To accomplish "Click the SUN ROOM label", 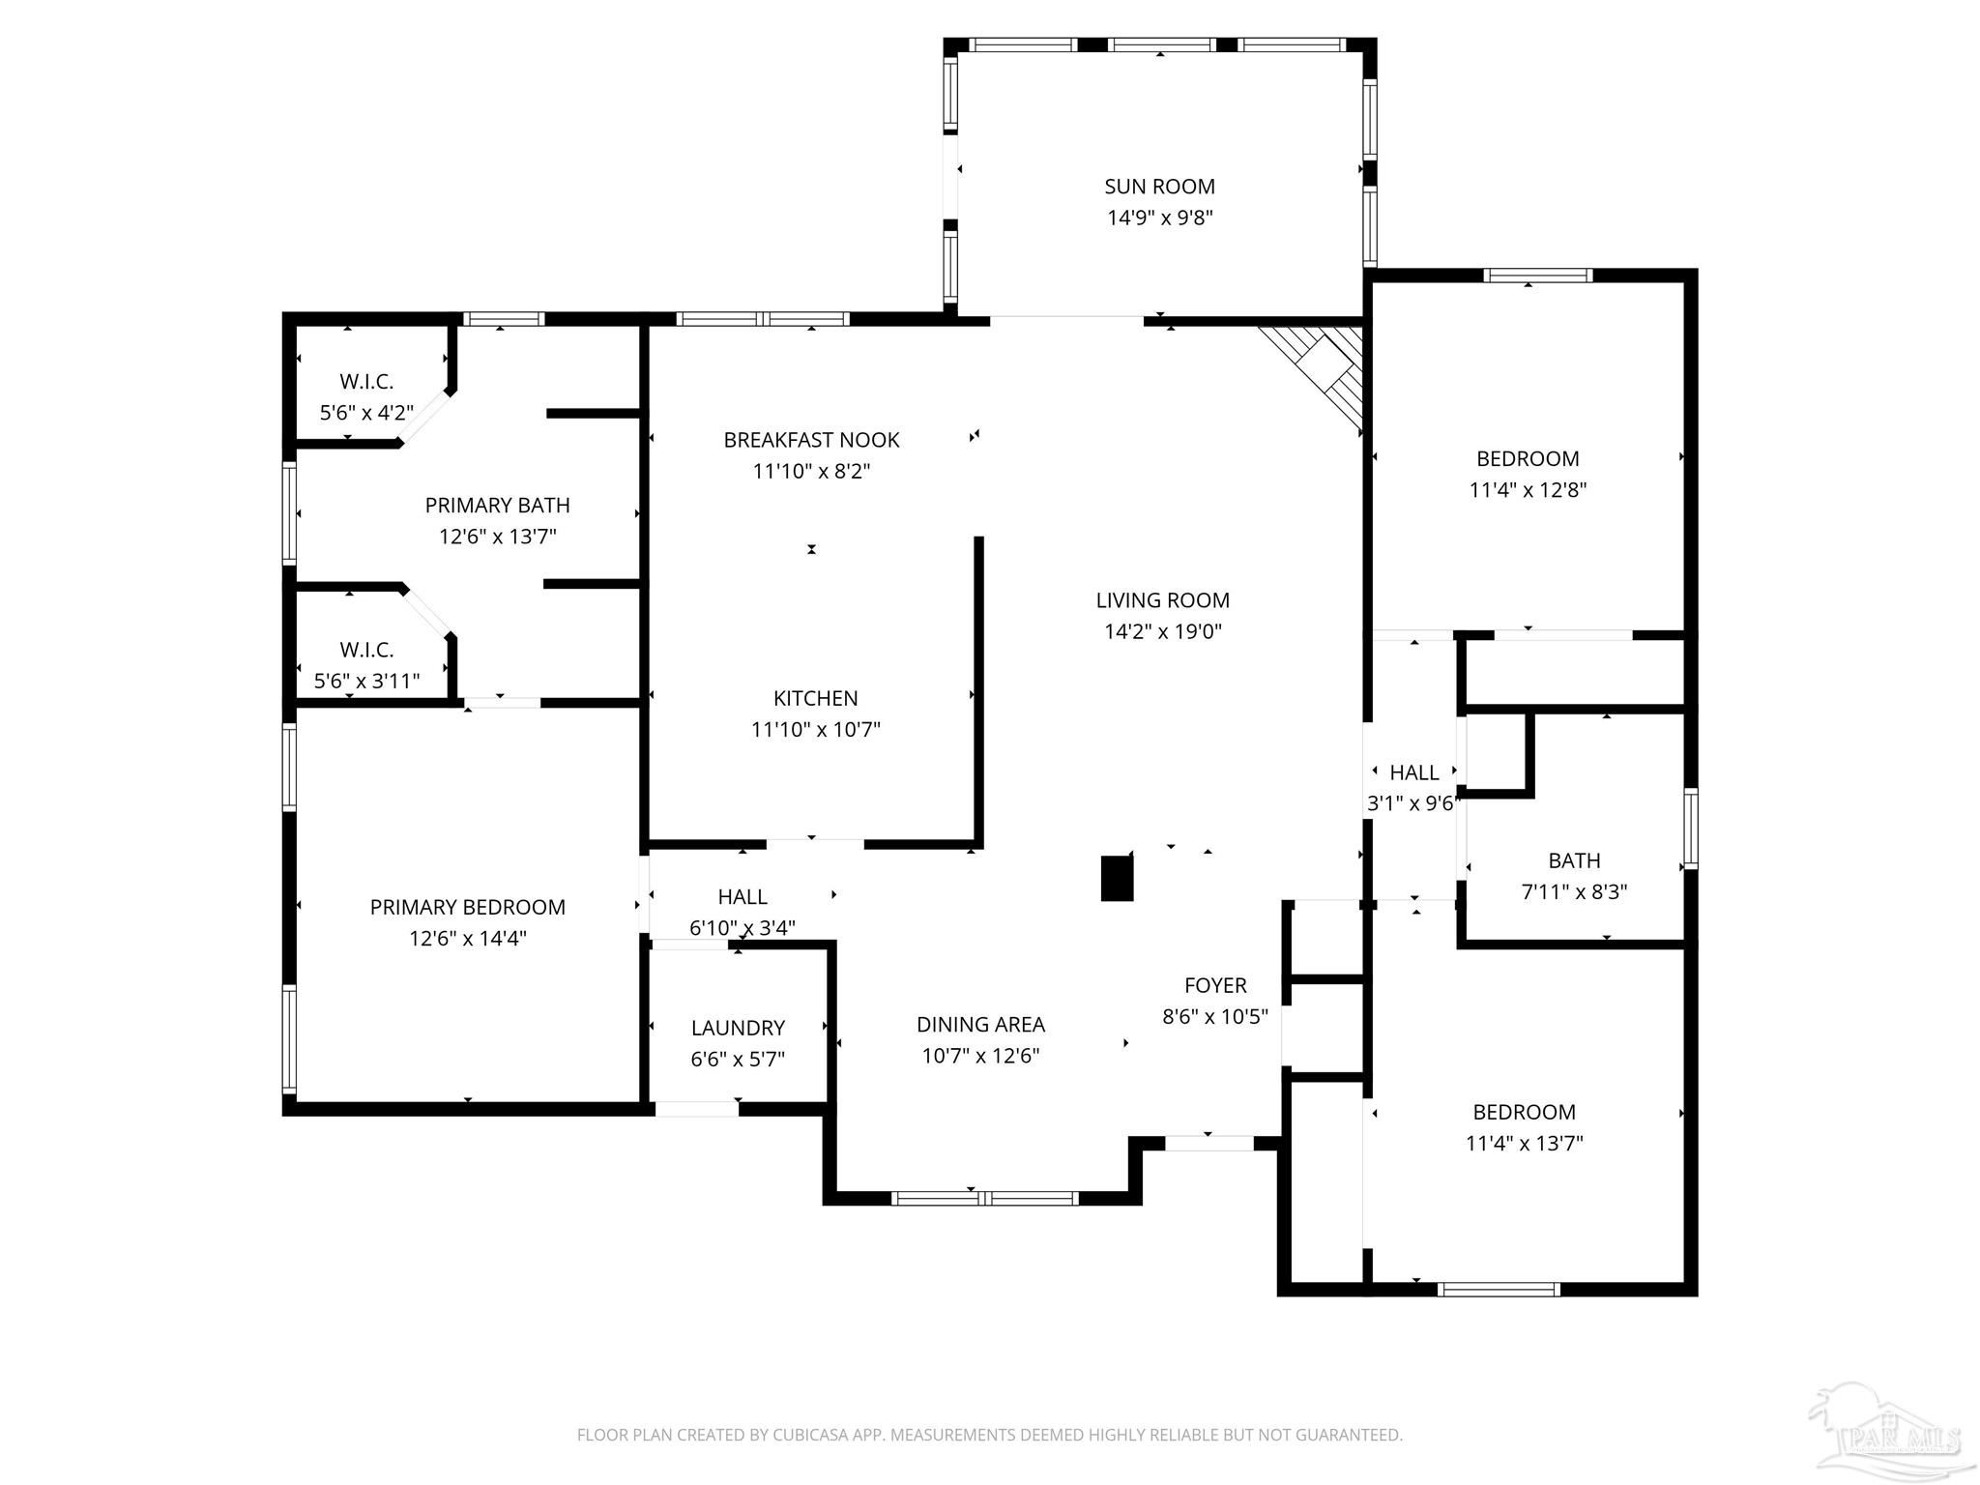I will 1159,187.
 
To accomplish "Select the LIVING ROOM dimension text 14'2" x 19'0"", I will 1163,631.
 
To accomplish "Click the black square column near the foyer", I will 1117,878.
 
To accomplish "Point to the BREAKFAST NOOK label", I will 811,440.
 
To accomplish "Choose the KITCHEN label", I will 815,698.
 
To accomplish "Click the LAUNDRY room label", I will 738,1028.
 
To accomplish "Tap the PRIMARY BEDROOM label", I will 467,907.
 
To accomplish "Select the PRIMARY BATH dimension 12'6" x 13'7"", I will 497,537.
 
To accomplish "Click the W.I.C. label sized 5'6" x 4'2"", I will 366,382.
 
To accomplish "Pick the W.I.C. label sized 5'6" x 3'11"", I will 366,650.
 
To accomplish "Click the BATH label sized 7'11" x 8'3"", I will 1574,860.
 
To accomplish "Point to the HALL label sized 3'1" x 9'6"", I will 1413,772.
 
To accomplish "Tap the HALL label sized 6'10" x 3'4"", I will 742,896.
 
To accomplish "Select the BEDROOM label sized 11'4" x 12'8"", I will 1528,458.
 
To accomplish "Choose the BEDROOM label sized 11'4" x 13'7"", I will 1524,1112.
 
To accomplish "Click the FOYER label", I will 1215,985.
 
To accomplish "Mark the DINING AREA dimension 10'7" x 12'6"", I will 980,1056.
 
